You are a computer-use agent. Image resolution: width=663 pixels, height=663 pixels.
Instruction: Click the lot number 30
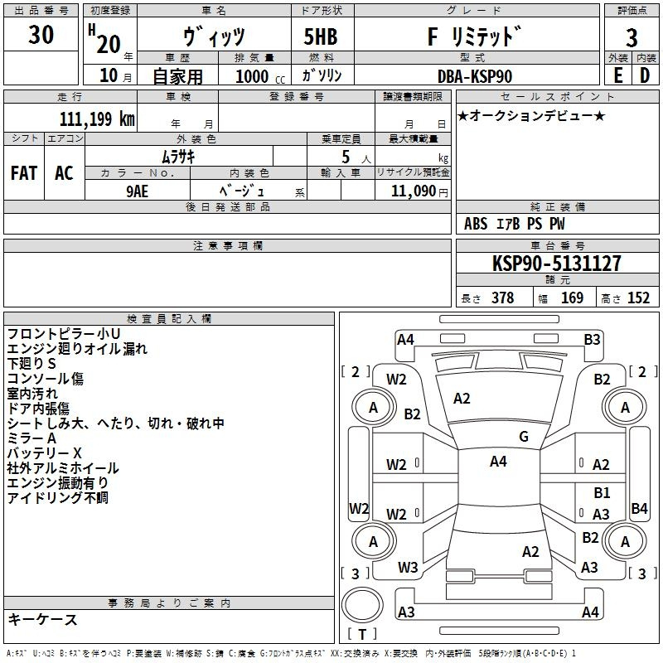[x=41, y=34]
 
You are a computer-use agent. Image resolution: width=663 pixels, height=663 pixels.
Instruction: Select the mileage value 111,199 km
[x=97, y=119]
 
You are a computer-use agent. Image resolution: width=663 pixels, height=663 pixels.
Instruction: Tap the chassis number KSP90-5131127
[x=557, y=264]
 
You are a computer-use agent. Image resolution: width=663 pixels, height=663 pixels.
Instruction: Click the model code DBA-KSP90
[x=475, y=76]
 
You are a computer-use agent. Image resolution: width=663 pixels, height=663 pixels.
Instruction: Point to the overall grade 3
[x=632, y=38]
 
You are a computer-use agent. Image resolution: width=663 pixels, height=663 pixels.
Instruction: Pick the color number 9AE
[x=138, y=191]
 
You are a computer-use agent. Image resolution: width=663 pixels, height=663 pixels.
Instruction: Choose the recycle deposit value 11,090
[x=414, y=191]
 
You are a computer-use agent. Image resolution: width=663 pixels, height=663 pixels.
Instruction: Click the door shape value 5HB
[x=321, y=36]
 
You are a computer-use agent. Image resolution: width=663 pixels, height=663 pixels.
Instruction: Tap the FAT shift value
[x=24, y=173]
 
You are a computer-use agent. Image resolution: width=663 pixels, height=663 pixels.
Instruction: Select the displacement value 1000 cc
[x=260, y=76]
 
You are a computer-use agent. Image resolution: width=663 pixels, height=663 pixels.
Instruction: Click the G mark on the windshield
[x=524, y=437]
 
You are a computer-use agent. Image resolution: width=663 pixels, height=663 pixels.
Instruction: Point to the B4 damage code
[x=639, y=508]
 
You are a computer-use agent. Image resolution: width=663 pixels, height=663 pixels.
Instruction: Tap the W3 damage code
[x=408, y=568]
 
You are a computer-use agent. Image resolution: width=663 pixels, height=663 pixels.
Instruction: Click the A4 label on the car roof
[x=498, y=462]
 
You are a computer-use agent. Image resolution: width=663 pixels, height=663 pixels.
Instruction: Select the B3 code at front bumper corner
[x=592, y=340]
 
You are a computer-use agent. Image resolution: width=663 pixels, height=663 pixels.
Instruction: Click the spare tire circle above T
[x=362, y=605]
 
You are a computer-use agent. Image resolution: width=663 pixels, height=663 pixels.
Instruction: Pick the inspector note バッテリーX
[x=44, y=453]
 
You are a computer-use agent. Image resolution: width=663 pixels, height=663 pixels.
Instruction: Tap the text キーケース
[x=42, y=619]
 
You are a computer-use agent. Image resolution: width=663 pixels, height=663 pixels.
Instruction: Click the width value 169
[x=572, y=298]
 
